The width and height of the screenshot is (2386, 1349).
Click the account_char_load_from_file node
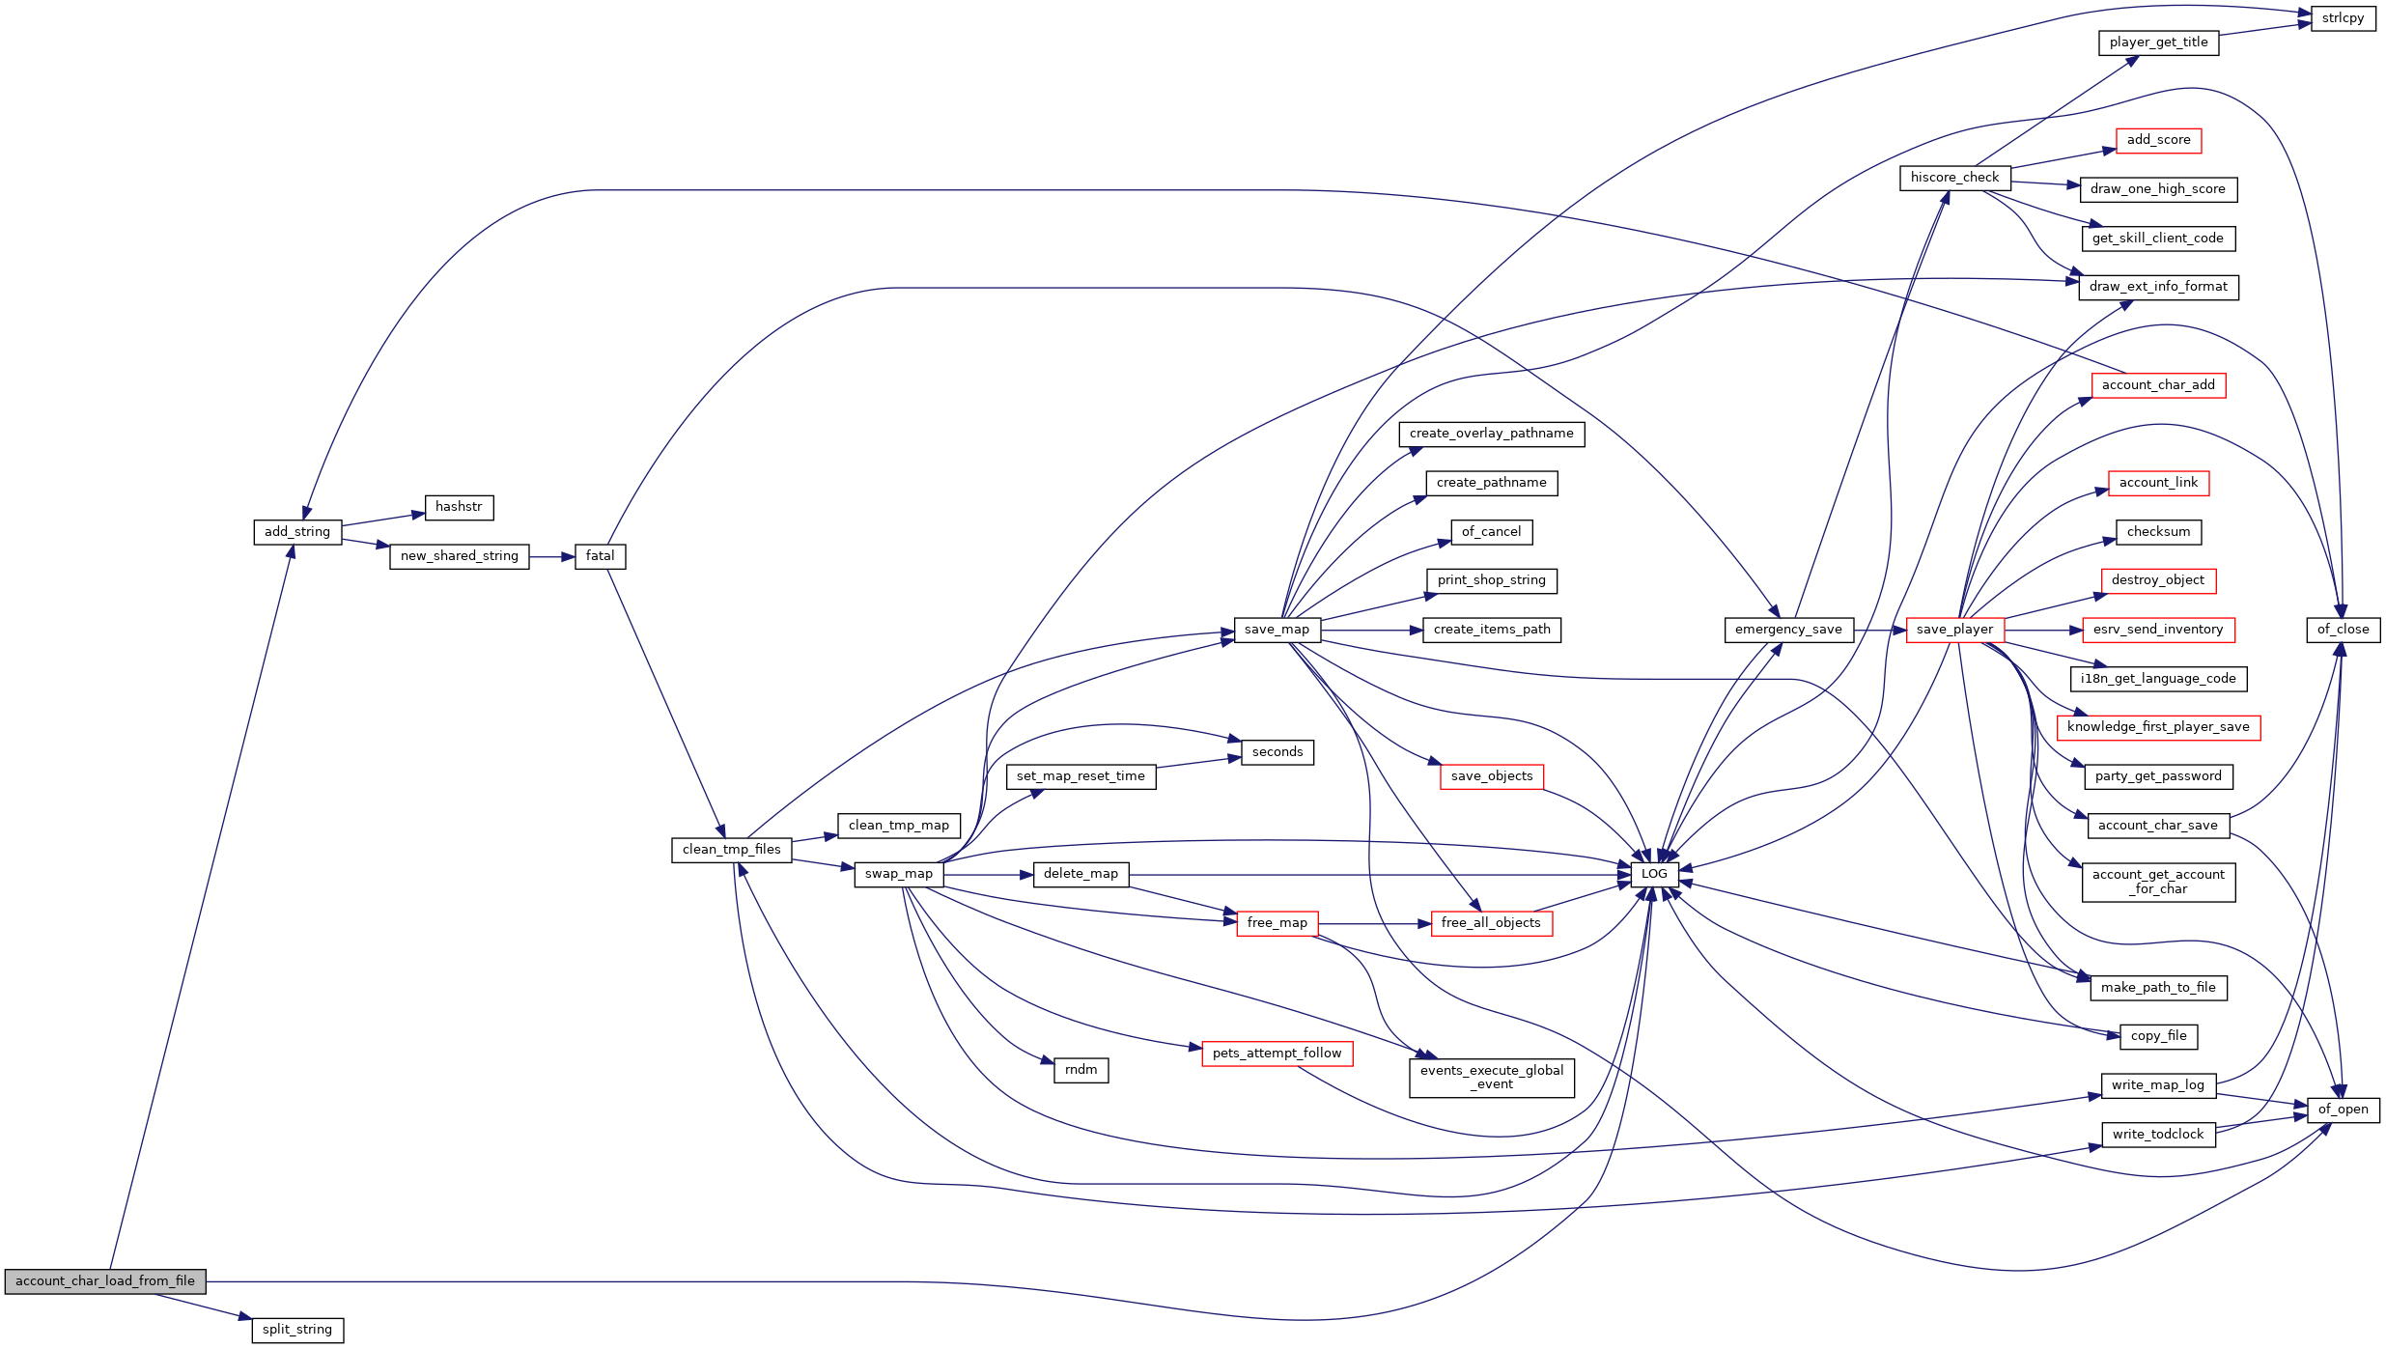point(105,1281)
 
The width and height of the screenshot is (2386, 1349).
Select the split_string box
point(297,1330)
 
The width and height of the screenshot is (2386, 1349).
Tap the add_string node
point(297,532)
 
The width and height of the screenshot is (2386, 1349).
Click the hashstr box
point(459,507)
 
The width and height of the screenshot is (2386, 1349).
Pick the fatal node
point(600,556)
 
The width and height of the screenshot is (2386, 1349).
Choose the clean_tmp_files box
point(731,850)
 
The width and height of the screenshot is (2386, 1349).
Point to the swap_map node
point(898,874)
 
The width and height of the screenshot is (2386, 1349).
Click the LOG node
point(1654,874)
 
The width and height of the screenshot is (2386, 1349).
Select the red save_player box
point(1954,630)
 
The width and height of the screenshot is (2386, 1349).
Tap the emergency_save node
point(1788,630)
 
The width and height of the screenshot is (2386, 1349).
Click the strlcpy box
point(2343,18)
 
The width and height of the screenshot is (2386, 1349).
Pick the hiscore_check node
point(1954,178)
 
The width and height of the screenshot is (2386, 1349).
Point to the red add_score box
point(2158,140)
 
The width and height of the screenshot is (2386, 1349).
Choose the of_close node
point(2343,630)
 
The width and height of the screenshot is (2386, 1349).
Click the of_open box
point(2343,1110)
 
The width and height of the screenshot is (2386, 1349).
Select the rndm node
point(1081,1070)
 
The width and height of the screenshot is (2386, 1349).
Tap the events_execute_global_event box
point(1492,1078)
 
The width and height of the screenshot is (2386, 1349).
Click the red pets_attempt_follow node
point(1277,1054)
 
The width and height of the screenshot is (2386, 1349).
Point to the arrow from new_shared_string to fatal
point(552,557)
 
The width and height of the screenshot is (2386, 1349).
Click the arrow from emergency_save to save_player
point(1879,631)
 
